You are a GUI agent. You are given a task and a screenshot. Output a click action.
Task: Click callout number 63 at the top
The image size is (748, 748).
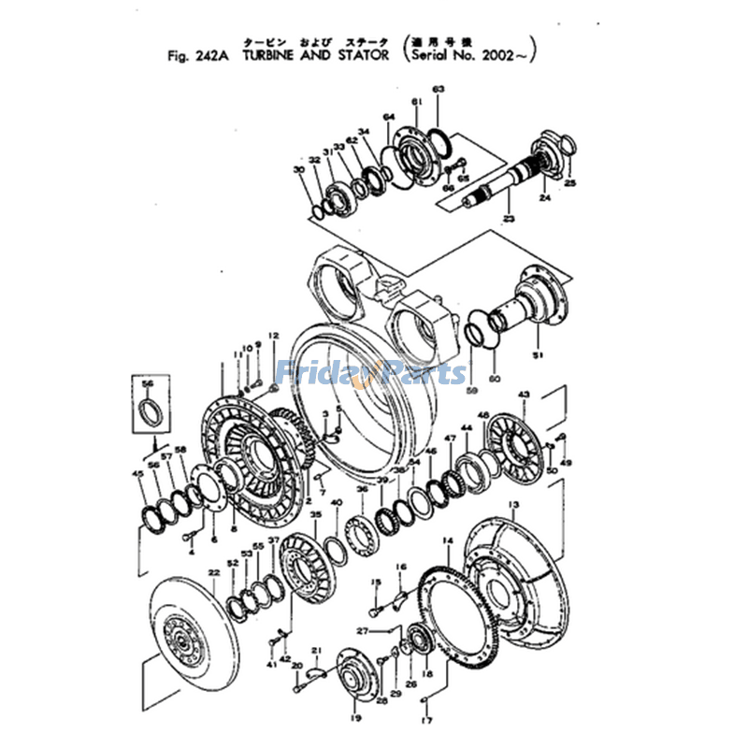pyautogui.click(x=438, y=89)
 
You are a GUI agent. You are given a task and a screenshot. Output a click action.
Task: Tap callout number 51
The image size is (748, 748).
pyautogui.click(x=537, y=354)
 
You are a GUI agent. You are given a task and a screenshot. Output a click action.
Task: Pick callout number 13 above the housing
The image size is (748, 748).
pyautogui.click(x=512, y=505)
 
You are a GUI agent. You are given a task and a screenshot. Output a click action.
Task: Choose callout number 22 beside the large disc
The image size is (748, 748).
pyautogui.click(x=213, y=572)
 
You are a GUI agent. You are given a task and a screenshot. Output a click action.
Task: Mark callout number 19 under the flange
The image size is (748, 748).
pyautogui.click(x=355, y=718)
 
